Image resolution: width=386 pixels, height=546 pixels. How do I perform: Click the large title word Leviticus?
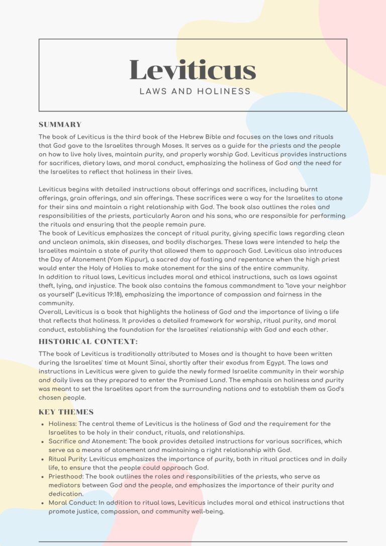pyautogui.click(x=193, y=70)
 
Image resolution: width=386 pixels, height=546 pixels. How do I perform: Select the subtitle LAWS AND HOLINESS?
pyautogui.click(x=195, y=92)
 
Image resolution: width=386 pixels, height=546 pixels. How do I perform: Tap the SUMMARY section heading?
pyautogui.click(x=60, y=125)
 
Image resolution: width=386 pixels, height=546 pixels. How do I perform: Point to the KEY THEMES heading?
pyautogui.click(x=66, y=412)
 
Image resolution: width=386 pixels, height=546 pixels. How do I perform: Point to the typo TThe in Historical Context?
pyautogui.click(x=47, y=354)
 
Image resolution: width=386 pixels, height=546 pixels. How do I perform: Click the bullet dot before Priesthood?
pyautogui.click(x=42, y=477)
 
